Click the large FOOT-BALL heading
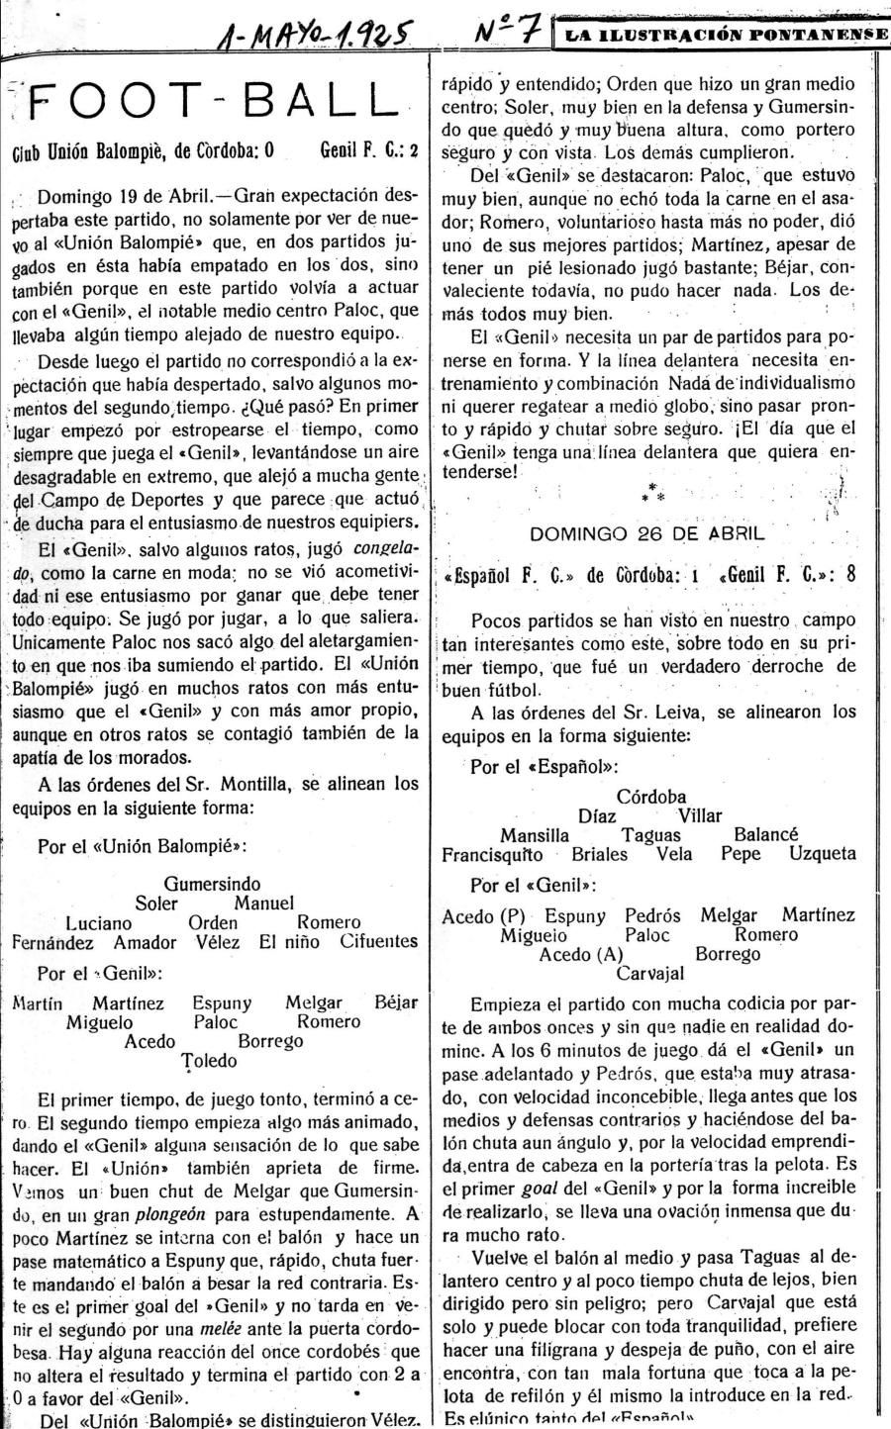pos(214,102)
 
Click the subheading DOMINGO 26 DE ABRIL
pos(647,533)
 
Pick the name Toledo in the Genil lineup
pos(210,1061)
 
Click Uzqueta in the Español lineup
pos(823,853)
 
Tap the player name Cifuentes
pos(379,942)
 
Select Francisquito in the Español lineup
pos(493,853)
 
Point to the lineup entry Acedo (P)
pos(483,916)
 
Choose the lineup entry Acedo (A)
pos(581,955)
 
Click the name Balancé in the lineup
pos(766,835)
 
